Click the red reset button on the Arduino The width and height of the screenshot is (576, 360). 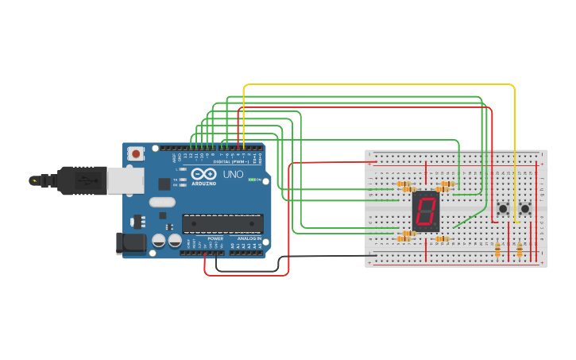pyautogui.click(x=136, y=153)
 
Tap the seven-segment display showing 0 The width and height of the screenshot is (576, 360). pyautogui.click(x=426, y=211)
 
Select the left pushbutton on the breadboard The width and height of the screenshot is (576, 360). pyautogui.click(x=503, y=209)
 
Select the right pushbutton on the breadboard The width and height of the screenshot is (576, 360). pyautogui.click(x=525, y=209)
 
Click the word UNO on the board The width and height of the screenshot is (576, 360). pyautogui.click(x=233, y=174)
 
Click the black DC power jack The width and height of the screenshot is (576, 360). pyautogui.click(x=131, y=243)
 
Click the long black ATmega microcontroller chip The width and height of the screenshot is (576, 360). pyautogui.click(x=222, y=223)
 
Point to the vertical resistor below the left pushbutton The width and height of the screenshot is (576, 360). pyautogui.click(x=498, y=250)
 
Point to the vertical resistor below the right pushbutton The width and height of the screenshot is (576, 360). pyautogui.click(x=520, y=250)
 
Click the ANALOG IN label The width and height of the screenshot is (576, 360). pyautogui.click(x=245, y=238)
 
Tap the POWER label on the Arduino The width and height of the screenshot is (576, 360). pyautogui.click(x=215, y=238)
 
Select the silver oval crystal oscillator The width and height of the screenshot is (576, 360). pyautogui.click(x=161, y=202)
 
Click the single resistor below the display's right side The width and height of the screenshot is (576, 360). pyautogui.click(x=442, y=238)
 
